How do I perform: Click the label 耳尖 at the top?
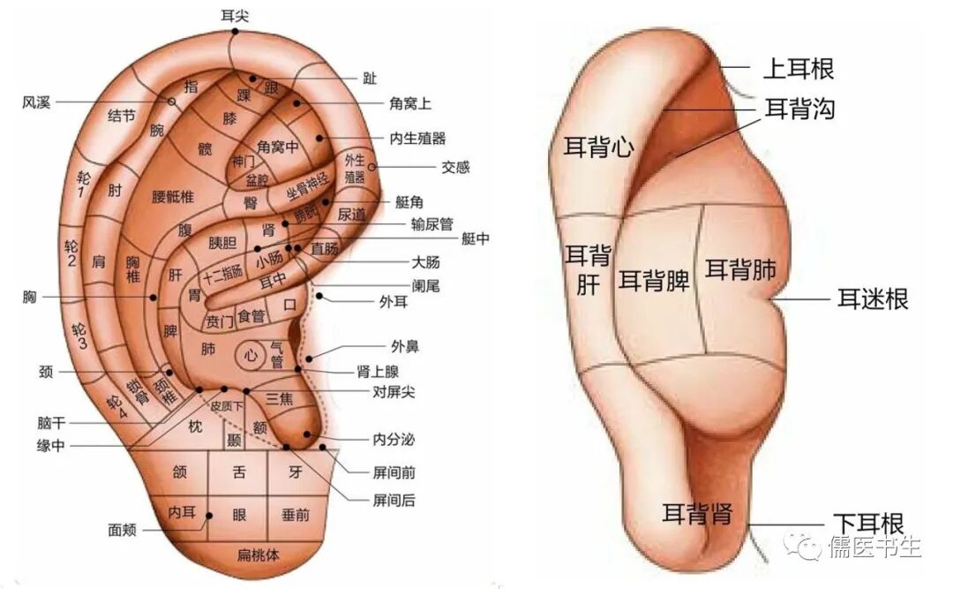click(234, 14)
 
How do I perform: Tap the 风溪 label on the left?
click(36, 102)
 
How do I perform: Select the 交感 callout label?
click(455, 167)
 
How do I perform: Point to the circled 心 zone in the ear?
click(251, 356)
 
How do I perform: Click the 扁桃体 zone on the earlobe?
click(259, 555)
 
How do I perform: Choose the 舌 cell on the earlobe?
click(238, 472)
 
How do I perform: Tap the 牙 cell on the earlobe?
click(296, 472)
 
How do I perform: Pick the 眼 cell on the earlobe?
click(238, 514)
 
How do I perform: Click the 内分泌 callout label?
click(393, 439)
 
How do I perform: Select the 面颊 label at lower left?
click(123, 530)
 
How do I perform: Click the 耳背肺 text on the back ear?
click(740, 270)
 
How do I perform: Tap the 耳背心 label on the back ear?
click(598, 147)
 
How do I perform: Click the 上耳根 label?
click(798, 68)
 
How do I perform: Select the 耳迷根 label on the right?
click(872, 298)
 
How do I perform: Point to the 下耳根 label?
click(868, 523)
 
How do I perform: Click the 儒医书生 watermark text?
click(873, 547)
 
